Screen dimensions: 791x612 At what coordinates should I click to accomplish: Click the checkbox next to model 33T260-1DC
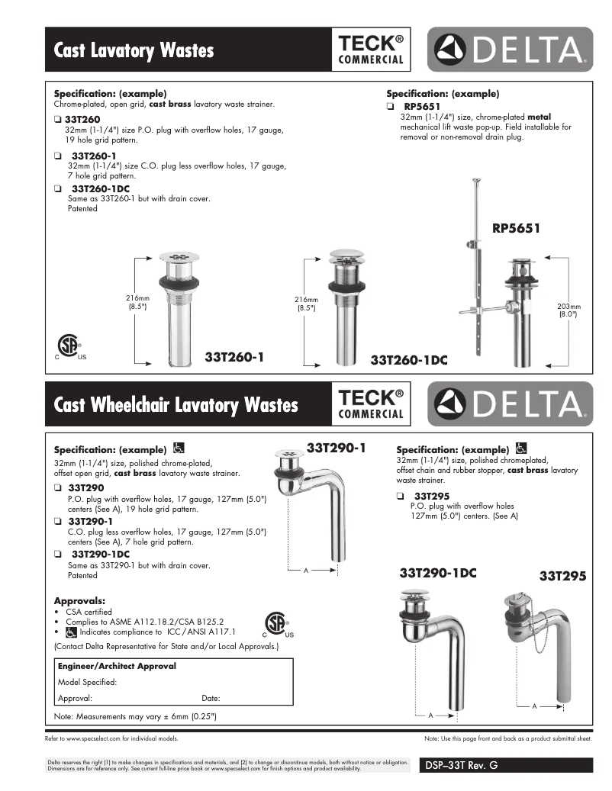[58, 188]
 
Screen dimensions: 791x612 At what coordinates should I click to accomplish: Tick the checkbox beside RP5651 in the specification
[390, 106]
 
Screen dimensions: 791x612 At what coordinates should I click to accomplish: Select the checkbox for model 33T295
[399, 496]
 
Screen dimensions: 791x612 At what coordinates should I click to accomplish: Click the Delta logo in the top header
[509, 50]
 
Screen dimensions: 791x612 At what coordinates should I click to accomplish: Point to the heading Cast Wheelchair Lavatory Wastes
[176, 404]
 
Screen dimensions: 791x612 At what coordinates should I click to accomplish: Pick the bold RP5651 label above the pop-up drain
[517, 227]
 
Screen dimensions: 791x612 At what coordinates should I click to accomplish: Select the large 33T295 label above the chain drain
[562, 577]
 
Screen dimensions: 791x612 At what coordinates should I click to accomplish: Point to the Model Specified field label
[88, 682]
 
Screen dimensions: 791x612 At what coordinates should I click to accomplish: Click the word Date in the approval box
[211, 698]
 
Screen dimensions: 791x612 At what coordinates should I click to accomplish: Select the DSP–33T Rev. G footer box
[505, 765]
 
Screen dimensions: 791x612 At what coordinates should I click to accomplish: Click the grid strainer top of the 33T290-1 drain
[288, 457]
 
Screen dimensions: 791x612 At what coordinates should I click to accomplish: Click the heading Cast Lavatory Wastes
[134, 50]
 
